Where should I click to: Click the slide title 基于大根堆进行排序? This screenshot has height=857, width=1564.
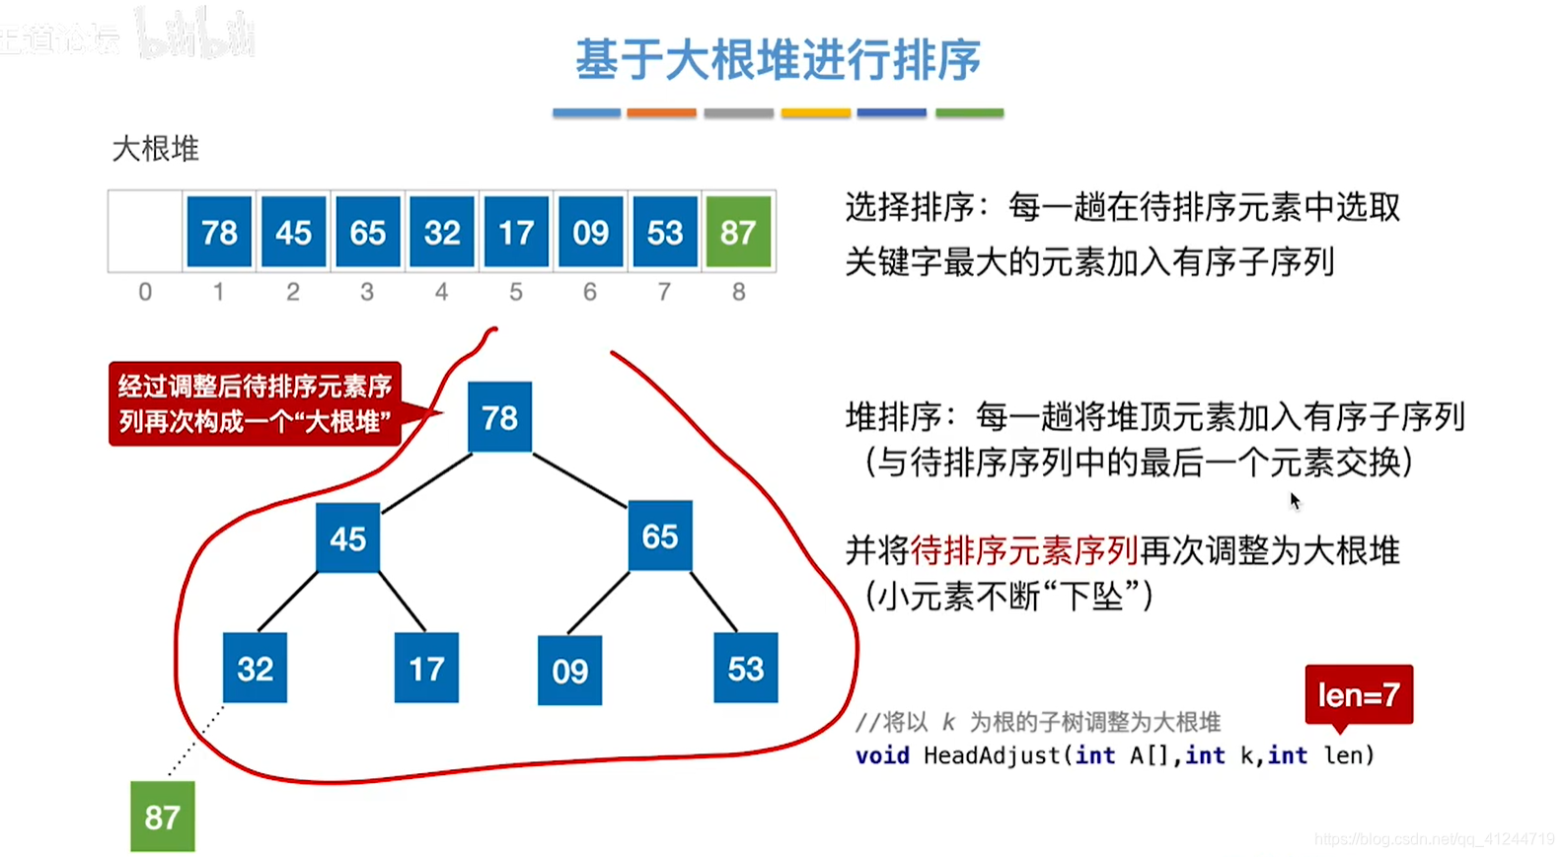(x=778, y=60)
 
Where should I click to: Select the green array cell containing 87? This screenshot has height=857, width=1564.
(x=738, y=233)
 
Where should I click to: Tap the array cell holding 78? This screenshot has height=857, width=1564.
(x=219, y=233)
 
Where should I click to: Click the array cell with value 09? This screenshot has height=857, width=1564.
(x=590, y=233)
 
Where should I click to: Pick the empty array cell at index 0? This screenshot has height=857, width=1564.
(x=145, y=233)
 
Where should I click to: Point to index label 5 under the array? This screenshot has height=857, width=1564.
(x=516, y=292)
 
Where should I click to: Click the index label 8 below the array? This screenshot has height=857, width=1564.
(x=738, y=292)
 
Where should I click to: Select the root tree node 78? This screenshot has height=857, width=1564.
(x=499, y=417)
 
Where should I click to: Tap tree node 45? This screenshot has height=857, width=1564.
(x=347, y=538)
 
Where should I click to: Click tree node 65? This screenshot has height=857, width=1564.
(x=660, y=536)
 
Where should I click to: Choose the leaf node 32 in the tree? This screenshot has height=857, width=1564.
(x=255, y=668)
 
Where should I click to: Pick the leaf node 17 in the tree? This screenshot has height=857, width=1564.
(x=426, y=669)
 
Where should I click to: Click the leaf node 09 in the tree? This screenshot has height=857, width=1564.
(x=569, y=671)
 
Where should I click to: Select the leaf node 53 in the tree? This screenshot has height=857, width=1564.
(x=745, y=669)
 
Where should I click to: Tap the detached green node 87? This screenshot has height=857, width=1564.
(x=163, y=817)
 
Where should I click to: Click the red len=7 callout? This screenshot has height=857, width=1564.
(x=1359, y=695)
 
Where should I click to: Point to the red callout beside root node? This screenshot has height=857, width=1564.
(x=255, y=403)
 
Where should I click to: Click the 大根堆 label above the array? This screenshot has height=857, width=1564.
(x=156, y=149)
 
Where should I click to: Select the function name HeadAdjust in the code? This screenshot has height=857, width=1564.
(x=993, y=755)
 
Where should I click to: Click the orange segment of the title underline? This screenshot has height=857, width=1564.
(x=661, y=113)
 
